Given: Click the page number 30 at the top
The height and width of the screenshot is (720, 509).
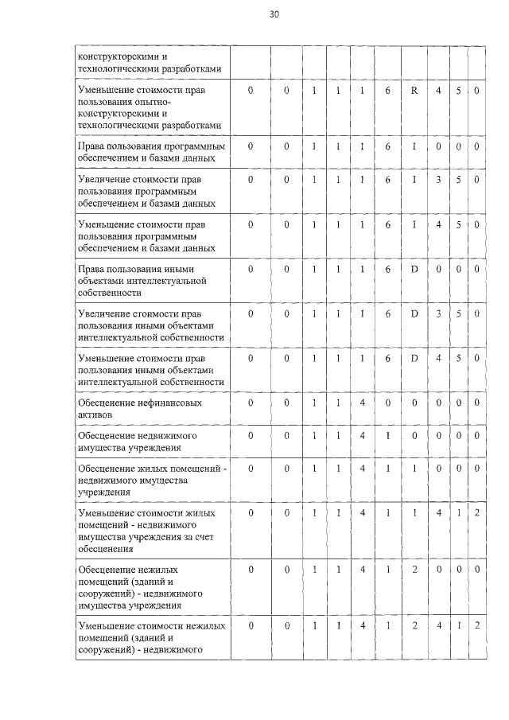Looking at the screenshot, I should pyautogui.click(x=274, y=14).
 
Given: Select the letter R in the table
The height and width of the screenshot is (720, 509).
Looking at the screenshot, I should pyautogui.click(x=414, y=91).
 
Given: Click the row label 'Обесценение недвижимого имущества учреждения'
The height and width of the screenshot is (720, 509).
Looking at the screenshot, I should pyautogui.click(x=136, y=442).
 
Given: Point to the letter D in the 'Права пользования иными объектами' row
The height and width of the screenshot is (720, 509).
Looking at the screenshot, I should pyautogui.click(x=414, y=269).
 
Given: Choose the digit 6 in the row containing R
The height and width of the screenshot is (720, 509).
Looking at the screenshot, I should pyautogui.click(x=387, y=91).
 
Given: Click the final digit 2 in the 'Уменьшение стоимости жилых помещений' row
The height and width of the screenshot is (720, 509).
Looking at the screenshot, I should pyautogui.click(x=476, y=513).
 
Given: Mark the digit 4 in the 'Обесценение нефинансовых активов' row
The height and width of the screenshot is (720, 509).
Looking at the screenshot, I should pyautogui.click(x=362, y=403).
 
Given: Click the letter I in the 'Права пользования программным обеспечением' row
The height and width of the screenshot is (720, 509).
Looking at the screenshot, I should pyautogui.click(x=414, y=146).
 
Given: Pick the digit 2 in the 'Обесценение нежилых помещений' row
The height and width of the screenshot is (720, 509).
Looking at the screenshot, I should pyautogui.click(x=414, y=570).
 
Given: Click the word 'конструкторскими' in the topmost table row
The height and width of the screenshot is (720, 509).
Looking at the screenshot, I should pyautogui.click(x=116, y=56).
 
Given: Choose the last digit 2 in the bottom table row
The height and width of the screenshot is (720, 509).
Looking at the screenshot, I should pyautogui.click(x=476, y=625).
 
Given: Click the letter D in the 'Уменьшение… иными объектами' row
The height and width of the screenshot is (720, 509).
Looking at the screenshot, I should pyautogui.click(x=414, y=358).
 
